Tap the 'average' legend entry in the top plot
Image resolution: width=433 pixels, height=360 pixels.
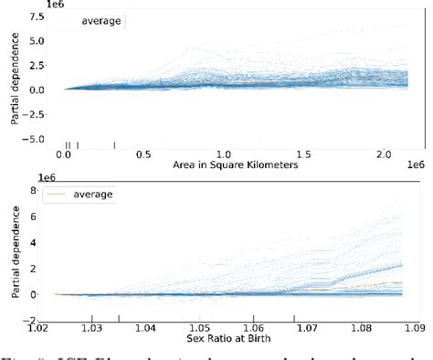pyautogui.click(x=100, y=20)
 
